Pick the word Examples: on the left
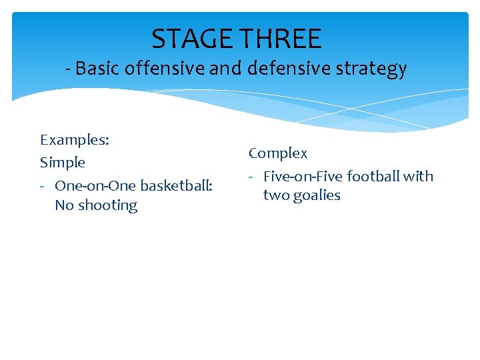(x=75, y=140)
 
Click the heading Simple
(x=63, y=163)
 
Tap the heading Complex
(x=278, y=153)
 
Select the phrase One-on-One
(x=93, y=185)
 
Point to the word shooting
(x=108, y=205)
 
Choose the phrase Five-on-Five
(x=303, y=177)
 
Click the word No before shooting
(x=64, y=205)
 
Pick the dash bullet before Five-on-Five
(x=252, y=177)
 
